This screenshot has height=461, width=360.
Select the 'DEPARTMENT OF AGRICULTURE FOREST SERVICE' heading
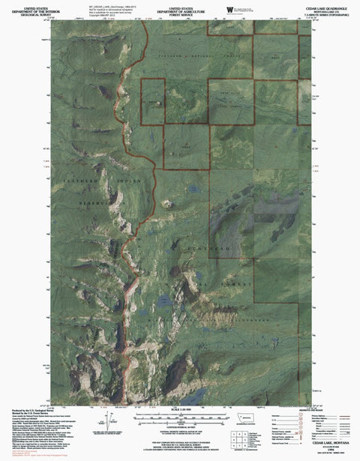180,8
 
